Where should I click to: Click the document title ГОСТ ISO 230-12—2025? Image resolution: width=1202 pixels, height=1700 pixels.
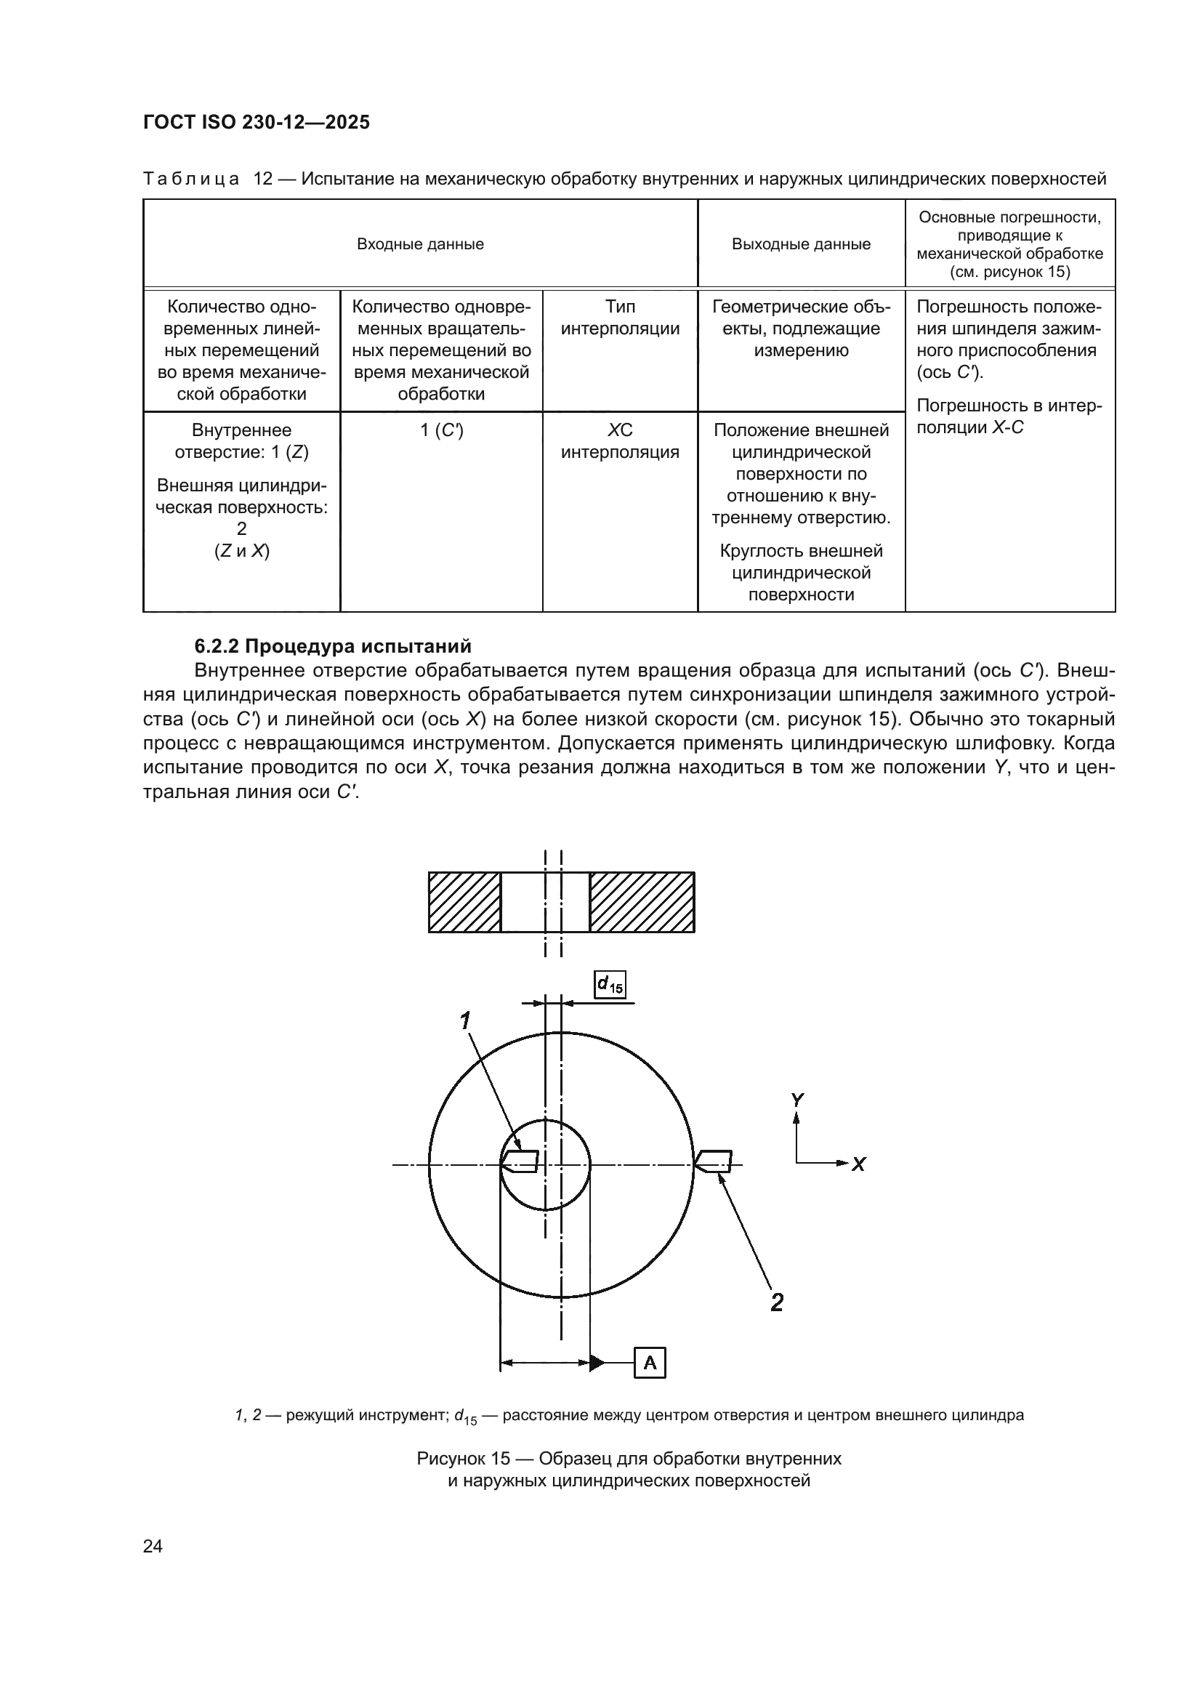click(x=256, y=123)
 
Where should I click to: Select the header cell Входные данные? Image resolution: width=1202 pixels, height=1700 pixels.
click(x=419, y=244)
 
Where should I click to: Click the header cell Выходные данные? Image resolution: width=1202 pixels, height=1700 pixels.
click(x=801, y=244)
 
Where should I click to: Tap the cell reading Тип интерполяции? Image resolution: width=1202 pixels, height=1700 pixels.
click(x=619, y=318)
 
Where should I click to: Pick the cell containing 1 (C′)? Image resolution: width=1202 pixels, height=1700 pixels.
click(x=441, y=430)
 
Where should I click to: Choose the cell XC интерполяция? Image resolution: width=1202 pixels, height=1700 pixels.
click(x=619, y=441)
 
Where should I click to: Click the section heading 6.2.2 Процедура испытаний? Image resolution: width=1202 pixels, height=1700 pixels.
click(x=332, y=645)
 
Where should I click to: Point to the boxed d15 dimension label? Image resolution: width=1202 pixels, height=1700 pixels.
click(x=610, y=984)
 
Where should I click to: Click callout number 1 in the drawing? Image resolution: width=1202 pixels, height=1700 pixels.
click(x=465, y=1022)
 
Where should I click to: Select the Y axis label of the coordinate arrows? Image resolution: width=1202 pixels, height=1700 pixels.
click(x=797, y=1100)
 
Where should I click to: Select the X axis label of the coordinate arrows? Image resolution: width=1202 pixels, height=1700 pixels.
click(x=858, y=1164)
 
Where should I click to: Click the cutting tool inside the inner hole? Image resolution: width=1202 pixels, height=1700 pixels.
click(x=520, y=1161)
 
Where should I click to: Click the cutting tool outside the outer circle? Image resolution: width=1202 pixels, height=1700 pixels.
click(x=715, y=1161)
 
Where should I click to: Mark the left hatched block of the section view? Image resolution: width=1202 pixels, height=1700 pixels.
click(x=465, y=902)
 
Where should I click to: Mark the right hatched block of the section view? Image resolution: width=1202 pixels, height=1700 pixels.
click(x=642, y=902)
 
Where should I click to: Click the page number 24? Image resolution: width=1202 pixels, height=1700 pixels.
click(x=153, y=1546)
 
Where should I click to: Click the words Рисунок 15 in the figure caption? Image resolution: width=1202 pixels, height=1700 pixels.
click(x=464, y=1459)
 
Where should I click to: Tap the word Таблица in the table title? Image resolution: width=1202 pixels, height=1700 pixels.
click(x=191, y=180)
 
